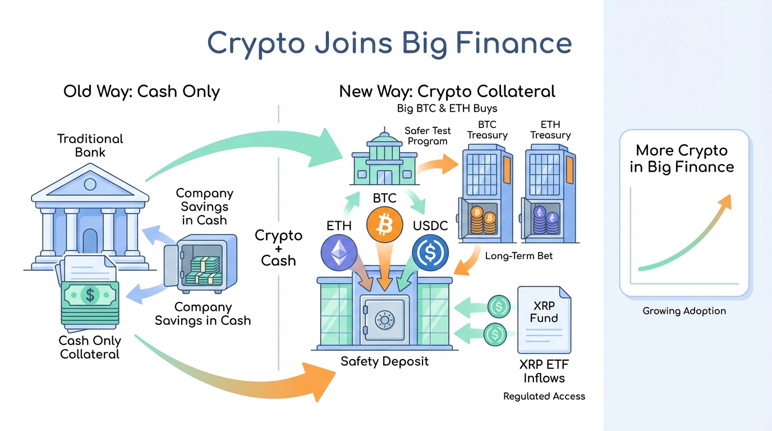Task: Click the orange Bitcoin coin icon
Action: click(x=384, y=224)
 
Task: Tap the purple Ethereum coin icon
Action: click(x=339, y=253)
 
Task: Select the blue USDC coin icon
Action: click(x=430, y=253)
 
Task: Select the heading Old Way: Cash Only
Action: click(x=141, y=91)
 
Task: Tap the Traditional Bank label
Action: click(x=90, y=145)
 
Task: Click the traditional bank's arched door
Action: click(x=90, y=240)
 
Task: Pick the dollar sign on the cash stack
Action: click(x=89, y=294)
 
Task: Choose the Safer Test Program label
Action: click(x=428, y=136)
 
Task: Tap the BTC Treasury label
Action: click(x=487, y=130)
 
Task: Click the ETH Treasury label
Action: click(x=550, y=130)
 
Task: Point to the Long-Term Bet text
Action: click(x=518, y=256)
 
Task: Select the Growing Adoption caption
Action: click(x=684, y=311)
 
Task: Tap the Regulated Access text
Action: click(x=544, y=396)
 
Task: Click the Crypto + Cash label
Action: click(x=278, y=247)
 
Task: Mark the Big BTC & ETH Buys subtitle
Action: click(x=447, y=108)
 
